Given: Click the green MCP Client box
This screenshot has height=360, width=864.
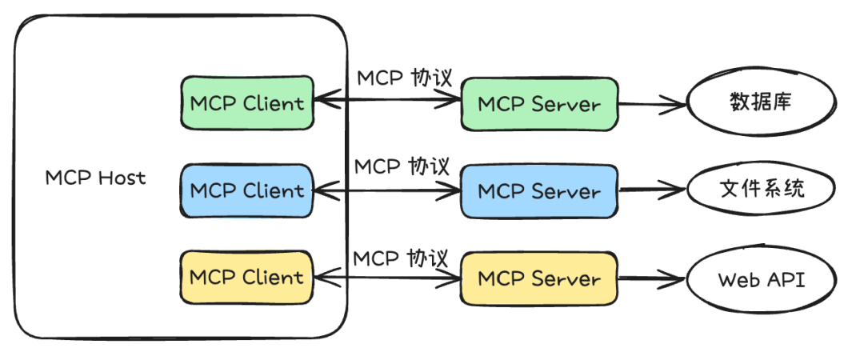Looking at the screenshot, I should [x=246, y=102].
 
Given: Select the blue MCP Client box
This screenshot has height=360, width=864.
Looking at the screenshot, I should [x=246, y=190].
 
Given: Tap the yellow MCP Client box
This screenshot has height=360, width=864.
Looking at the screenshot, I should [x=246, y=278].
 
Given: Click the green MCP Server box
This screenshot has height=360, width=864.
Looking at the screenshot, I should [x=538, y=104].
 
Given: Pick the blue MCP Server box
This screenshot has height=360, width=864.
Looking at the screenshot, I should [x=538, y=191].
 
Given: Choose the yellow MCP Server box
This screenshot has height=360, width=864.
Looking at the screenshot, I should [x=538, y=278].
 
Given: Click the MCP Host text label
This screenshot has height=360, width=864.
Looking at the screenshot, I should [x=95, y=178].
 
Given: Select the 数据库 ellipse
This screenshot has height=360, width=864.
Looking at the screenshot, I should [x=760, y=103].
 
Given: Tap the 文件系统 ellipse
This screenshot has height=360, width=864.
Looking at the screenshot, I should [x=760, y=190].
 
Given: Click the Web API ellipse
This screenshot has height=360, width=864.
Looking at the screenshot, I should [x=760, y=280].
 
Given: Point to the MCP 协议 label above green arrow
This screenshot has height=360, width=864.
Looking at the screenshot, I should [x=404, y=78].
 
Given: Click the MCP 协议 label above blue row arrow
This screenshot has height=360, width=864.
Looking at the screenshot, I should [x=402, y=166].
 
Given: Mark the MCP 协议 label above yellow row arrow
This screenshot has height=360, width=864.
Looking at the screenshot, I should [x=401, y=258].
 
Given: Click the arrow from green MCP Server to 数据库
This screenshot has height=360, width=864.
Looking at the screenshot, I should [x=652, y=104].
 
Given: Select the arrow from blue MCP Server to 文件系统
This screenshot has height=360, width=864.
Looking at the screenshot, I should [x=652, y=190].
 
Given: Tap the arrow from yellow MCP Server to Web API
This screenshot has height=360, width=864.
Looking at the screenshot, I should [x=652, y=279].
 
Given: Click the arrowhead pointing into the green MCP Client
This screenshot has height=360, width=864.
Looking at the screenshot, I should [x=320, y=101].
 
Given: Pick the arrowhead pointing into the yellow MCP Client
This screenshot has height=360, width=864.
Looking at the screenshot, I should [x=320, y=277].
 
